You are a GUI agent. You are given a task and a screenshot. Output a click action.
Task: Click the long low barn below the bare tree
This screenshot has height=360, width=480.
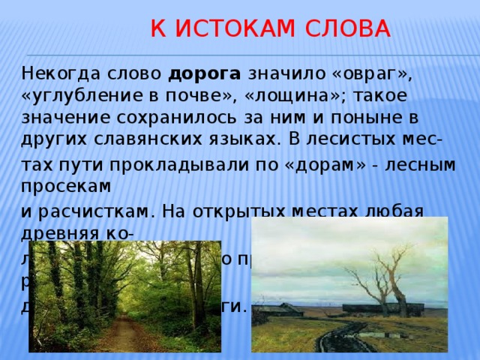click(x=382, y=308)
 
